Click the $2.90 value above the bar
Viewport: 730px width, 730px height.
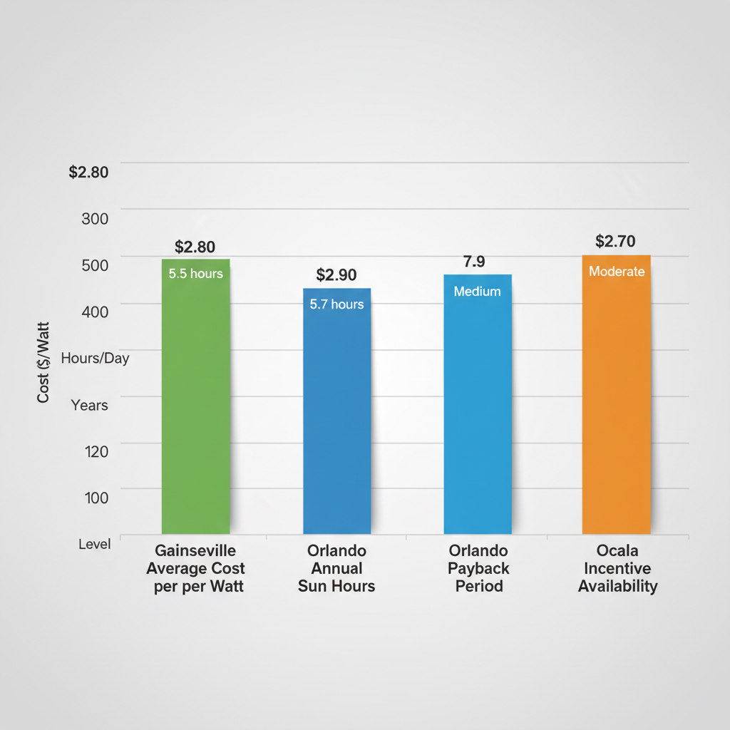point(336,275)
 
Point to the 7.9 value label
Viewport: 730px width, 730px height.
point(474,262)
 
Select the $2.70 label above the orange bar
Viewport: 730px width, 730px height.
point(615,242)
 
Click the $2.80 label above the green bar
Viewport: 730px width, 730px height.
point(195,247)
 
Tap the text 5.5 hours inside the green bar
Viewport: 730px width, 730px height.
point(196,274)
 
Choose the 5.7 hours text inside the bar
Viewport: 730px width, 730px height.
point(336,304)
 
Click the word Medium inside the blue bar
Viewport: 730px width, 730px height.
point(477,292)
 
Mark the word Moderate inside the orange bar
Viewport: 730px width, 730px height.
point(617,272)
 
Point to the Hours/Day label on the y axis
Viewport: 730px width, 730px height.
point(96,359)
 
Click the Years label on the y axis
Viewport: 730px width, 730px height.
point(90,406)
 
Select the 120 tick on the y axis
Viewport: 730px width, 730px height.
point(96,451)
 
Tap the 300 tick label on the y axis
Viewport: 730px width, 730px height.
point(96,219)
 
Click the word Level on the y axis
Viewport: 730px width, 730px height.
point(95,544)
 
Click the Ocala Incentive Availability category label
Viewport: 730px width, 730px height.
point(617,569)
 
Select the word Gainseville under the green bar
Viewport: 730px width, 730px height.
point(195,551)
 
